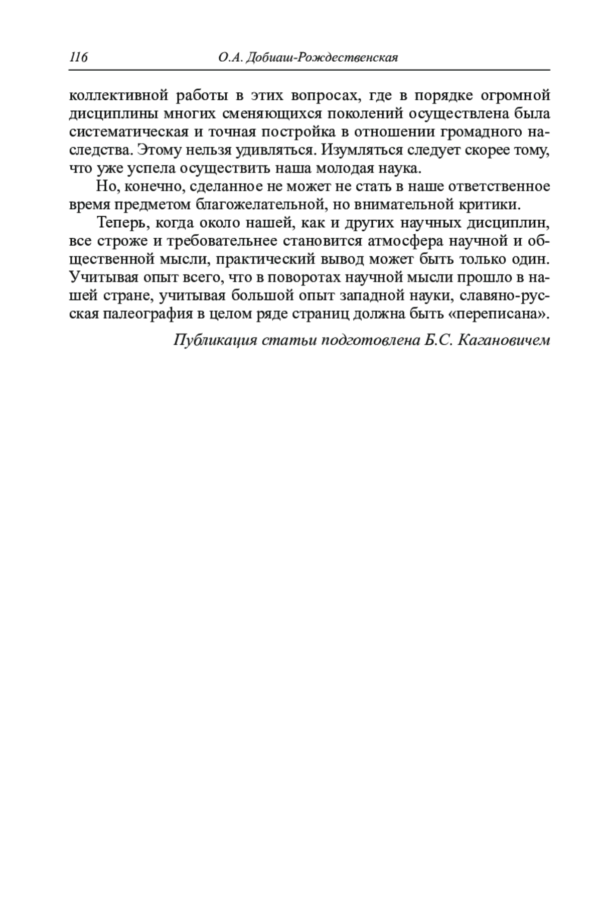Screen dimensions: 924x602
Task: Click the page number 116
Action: coord(78,58)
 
